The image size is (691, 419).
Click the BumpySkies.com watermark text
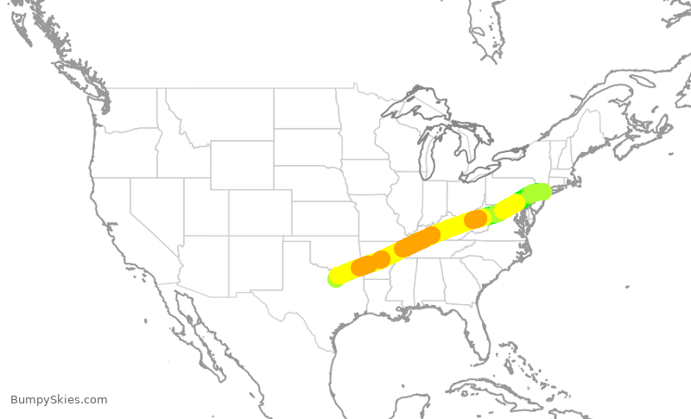tap(59, 399)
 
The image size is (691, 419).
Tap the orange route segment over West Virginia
tap(475, 219)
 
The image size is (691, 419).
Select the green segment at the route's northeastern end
tap(536, 192)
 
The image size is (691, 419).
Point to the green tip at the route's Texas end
tap(333, 280)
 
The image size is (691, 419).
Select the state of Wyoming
tap(242, 165)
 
